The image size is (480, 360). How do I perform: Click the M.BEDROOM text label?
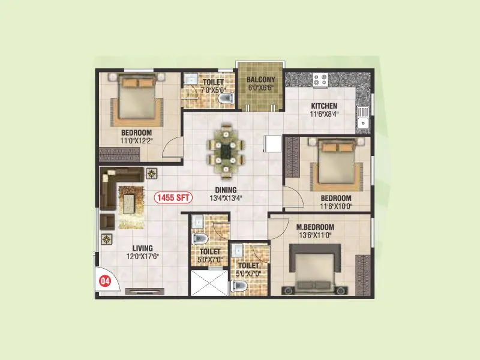pos(315,227)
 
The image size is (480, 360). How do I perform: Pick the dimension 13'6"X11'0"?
pos(315,236)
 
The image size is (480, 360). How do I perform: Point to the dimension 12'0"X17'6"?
pos(143,256)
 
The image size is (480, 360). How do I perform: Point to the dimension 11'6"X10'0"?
pos(336,206)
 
